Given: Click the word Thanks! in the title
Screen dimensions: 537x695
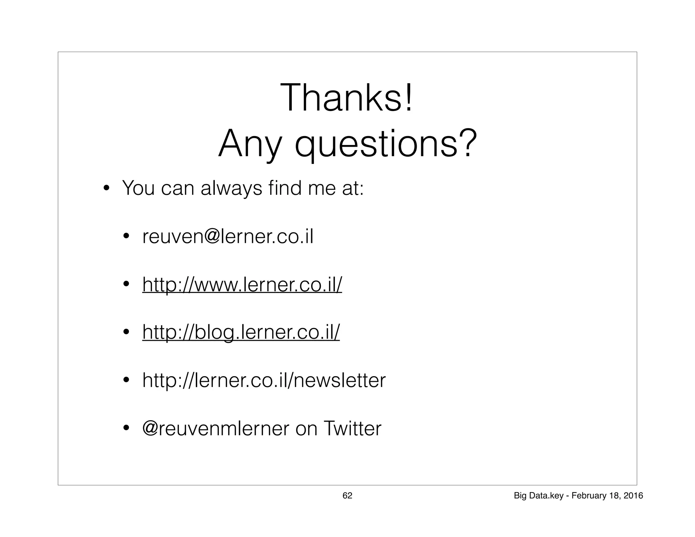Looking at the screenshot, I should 346,98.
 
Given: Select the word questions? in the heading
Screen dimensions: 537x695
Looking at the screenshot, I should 386,144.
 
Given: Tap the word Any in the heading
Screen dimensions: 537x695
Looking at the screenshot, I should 250,144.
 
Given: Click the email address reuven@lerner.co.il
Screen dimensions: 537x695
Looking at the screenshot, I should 228,237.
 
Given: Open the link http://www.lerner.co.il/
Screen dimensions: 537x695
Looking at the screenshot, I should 242,284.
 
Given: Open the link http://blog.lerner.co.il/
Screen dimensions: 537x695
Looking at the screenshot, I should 241,332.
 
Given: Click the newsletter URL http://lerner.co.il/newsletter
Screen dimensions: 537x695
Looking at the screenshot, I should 264,380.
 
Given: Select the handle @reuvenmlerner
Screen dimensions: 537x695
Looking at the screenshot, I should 215,428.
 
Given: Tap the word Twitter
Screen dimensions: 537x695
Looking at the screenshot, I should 353,428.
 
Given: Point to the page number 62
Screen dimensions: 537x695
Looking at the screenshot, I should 347,496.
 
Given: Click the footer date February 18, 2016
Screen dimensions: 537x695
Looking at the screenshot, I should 607,496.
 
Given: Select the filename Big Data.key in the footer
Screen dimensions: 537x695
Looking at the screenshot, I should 539,496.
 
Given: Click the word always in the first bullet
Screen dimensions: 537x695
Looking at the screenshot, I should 231,188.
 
